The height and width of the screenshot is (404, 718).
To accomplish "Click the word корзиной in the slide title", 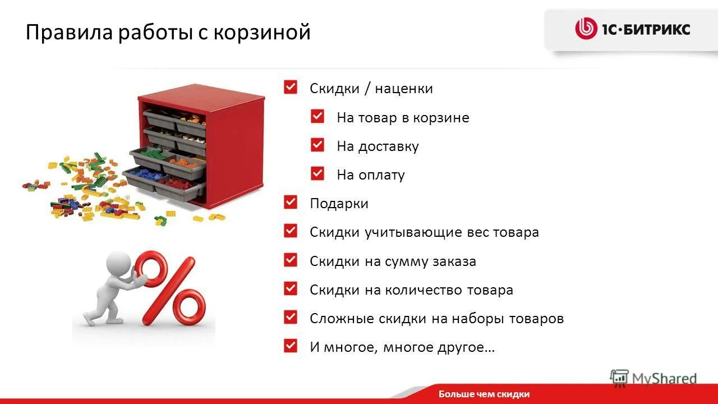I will click(x=266, y=33).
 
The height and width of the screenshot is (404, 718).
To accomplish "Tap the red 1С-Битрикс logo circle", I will click(x=586, y=29).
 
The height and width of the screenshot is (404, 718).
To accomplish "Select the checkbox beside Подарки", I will click(x=291, y=203).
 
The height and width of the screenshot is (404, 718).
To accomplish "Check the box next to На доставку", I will click(x=317, y=145).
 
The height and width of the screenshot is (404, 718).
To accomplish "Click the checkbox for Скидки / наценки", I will click(x=291, y=88).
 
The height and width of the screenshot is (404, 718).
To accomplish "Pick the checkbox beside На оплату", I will click(x=317, y=174).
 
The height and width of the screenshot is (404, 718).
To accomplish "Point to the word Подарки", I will click(x=339, y=204).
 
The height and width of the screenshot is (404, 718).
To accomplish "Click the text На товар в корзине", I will click(x=403, y=118).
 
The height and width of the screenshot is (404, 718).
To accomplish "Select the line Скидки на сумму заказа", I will click(x=393, y=261).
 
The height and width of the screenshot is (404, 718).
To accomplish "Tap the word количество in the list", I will click(x=424, y=290).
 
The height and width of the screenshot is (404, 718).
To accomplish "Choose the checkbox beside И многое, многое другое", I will click(x=291, y=346).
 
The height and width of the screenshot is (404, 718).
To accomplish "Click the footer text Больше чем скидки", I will click(x=484, y=394).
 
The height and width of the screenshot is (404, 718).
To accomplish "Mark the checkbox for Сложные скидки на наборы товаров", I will click(x=291, y=317).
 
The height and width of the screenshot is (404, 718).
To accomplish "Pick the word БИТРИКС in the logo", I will click(x=661, y=29).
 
